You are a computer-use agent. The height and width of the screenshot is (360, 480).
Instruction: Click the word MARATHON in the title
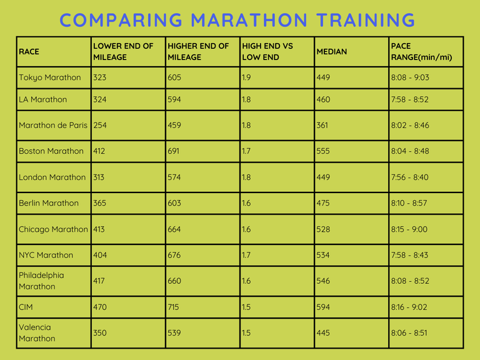pyautogui.click(x=249, y=20)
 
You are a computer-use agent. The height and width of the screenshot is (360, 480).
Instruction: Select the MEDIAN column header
pyautogui.click(x=332, y=51)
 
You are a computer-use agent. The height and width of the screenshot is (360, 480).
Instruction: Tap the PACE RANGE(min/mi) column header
pyautogui.click(x=421, y=51)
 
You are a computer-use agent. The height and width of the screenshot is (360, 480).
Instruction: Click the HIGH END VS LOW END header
pyautogui.click(x=267, y=51)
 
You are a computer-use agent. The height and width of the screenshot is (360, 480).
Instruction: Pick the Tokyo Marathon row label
pyautogui.click(x=50, y=77)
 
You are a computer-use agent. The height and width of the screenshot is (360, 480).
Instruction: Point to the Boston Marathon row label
pyautogui.click(x=51, y=151)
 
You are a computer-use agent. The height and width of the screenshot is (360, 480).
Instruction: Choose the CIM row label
pyautogui.click(x=26, y=307)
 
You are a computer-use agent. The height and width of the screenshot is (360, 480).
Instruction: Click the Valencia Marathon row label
pyautogui.click(x=37, y=332)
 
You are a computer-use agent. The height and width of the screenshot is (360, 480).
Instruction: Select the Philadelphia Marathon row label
pyautogui.click(x=41, y=281)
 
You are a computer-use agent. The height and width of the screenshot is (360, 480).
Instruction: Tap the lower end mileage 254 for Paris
pyautogui.click(x=100, y=125)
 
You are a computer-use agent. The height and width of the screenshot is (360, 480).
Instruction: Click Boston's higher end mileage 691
pyautogui.click(x=174, y=151)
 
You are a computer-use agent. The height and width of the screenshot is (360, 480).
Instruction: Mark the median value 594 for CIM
pyautogui.click(x=323, y=307)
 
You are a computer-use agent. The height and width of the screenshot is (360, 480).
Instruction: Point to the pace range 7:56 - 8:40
pyautogui.click(x=409, y=177)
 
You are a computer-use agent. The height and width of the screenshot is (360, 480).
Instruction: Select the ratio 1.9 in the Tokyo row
pyautogui.click(x=246, y=77)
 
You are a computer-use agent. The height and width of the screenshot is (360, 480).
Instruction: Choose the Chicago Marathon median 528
pyautogui.click(x=323, y=229)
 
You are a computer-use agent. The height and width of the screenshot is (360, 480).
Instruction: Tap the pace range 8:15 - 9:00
pyautogui.click(x=409, y=229)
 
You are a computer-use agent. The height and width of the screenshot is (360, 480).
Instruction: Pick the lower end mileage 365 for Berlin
pyautogui.click(x=100, y=202)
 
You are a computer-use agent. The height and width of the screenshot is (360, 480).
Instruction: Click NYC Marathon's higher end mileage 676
pyautogui.click(x=174, y=255)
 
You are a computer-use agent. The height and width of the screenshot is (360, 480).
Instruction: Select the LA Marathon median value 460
pyautogui.click(x=323, y=99)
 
